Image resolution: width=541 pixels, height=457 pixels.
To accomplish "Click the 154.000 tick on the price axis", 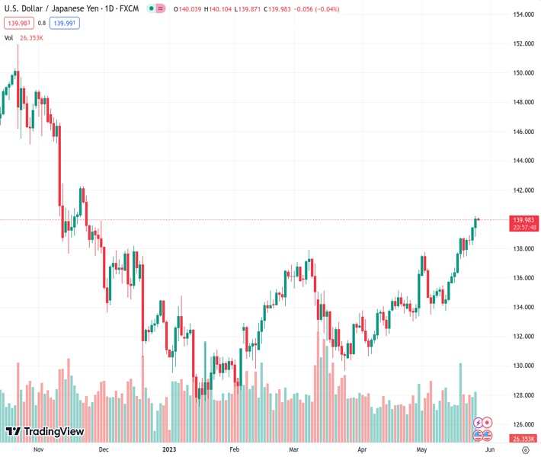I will (523, 14).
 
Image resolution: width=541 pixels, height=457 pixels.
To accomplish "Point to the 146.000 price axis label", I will (523, 132).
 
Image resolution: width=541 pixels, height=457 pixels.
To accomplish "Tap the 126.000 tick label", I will (523, 424).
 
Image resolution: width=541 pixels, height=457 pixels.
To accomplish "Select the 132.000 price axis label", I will (523, 337).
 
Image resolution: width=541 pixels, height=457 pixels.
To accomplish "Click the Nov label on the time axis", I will (37, 450).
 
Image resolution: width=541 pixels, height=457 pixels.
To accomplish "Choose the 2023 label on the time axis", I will (169, 450).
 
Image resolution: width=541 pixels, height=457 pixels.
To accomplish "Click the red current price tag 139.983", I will (523, 219).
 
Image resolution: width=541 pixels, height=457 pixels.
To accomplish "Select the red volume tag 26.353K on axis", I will (523, 439).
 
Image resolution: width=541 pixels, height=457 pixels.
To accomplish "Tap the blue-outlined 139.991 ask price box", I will (65, 23).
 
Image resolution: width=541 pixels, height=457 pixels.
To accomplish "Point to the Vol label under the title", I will (9, 37).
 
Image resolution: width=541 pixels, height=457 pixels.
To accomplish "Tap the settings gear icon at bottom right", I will (524, 450).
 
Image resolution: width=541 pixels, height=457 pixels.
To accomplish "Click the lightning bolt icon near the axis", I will (479, 422).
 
